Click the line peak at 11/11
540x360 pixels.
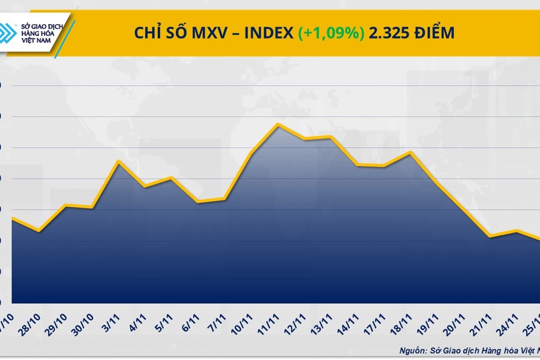tap(278, 124)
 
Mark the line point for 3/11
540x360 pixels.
tap(118, 161)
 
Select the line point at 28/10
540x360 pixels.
tap(39, 231)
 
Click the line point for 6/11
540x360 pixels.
tap(197, 202)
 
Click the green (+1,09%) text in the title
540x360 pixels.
tap(331, 34)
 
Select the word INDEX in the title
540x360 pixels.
tap(266, 34)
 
